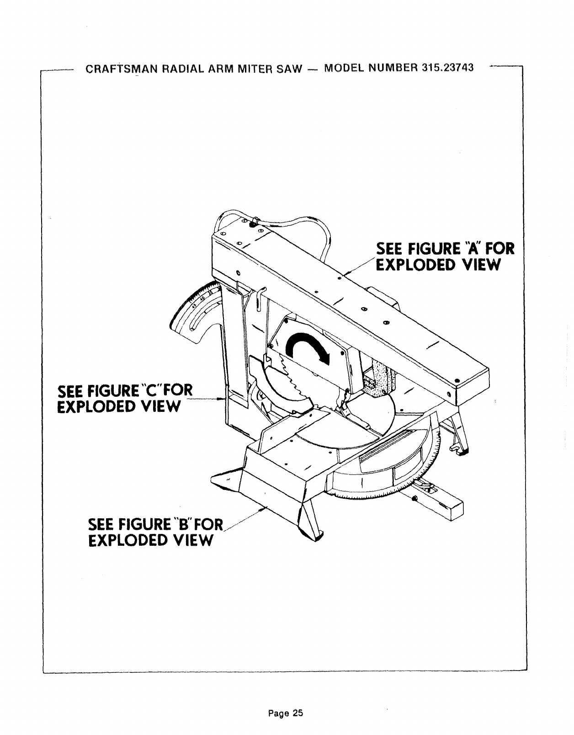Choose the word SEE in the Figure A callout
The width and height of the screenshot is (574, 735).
tap(388, 249)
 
